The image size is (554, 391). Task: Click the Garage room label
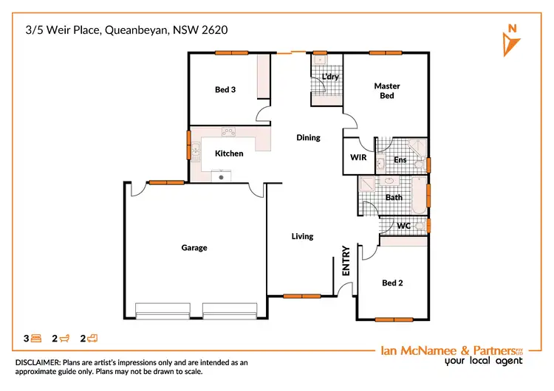(194, 248)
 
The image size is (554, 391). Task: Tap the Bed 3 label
(225, 90)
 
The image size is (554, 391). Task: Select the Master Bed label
(386, 91)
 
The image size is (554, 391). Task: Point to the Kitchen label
(229, 153)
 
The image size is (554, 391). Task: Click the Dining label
(308, 137)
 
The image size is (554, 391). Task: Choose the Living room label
(302, 236)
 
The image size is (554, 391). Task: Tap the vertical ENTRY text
(345, 261)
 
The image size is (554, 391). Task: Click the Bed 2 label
(392, 283)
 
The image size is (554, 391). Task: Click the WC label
(403, 224)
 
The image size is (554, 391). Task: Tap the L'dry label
(329, 77)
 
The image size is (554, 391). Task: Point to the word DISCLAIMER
(39, 363)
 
